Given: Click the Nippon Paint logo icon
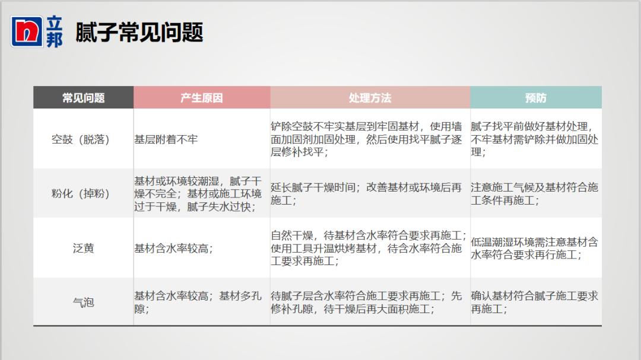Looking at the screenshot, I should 27,31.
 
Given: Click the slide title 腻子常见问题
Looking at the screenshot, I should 139,32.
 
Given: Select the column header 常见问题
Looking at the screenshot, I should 84,98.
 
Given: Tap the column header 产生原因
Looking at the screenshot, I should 202,98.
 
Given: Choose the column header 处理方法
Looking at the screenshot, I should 370,98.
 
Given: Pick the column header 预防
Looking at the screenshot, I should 535,98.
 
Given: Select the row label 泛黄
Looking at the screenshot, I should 84,249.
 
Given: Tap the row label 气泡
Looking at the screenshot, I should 84,302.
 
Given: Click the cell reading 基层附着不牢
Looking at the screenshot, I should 166,140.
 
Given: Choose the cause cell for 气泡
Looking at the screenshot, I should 198,302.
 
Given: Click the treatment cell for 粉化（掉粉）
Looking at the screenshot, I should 366,194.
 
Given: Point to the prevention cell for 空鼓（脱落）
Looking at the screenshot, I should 534,140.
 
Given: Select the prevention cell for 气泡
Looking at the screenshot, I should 534,302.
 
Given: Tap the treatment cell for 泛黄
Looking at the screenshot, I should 369,249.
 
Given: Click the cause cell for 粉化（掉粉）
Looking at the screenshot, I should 198,194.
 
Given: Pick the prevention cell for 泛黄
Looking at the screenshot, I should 534,249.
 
